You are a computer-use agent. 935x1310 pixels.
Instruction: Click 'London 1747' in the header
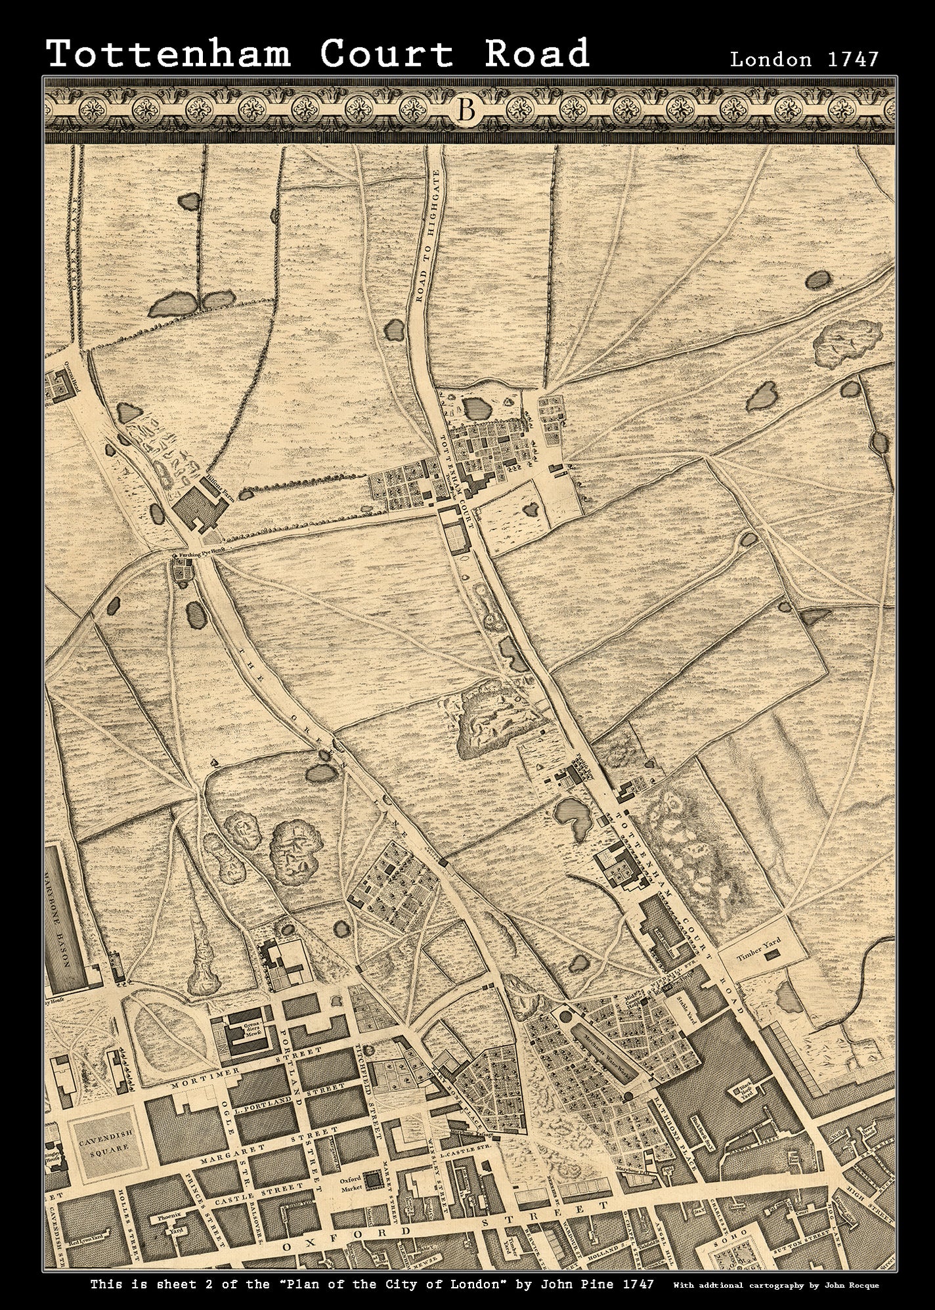pos(804,59)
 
